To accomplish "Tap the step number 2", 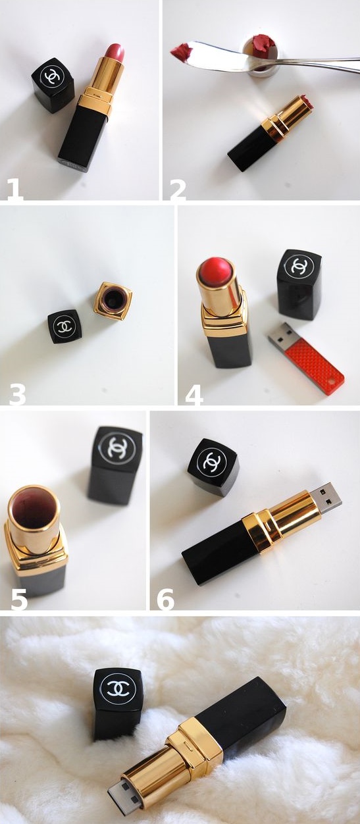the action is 178,190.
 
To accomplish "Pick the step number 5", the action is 19,598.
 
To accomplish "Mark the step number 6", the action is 165,598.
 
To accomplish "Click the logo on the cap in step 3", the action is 64,326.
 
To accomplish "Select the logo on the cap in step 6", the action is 211,461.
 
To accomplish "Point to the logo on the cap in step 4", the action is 299,266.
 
